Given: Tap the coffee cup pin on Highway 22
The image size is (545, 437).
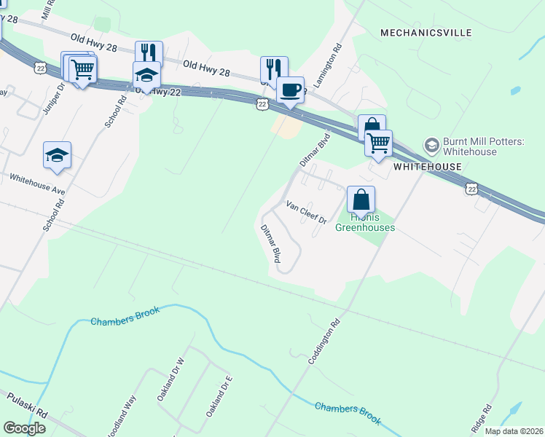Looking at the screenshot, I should [290, 90].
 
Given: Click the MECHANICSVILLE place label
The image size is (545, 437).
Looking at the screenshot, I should [426, 33].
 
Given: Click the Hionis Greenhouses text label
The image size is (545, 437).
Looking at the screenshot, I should [364, 222].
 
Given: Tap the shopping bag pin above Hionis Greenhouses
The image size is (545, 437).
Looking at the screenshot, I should [361, 199].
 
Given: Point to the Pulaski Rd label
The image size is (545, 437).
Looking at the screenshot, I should [27, 404].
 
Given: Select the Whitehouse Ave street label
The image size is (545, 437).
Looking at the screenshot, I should [37, 182].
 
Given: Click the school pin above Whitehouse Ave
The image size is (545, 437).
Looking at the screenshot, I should [57, 155].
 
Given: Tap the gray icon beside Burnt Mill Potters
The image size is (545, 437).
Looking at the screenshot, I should [431, 144].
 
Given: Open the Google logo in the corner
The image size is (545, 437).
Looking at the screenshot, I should [24, 428].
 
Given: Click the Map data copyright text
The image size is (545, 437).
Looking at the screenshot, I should [514, 431].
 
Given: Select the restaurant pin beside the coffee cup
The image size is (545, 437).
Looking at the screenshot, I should [274, 70].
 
